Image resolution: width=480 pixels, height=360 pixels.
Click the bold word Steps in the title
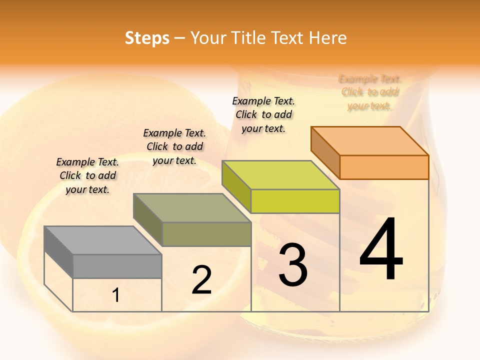147,38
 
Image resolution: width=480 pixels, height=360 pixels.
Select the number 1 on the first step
116,295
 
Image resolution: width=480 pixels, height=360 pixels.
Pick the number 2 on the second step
201,280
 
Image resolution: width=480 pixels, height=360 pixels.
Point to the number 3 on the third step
293,264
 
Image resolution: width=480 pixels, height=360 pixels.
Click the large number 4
381,249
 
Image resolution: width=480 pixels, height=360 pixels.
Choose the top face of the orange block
369,141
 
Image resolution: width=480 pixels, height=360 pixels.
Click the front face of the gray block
117,266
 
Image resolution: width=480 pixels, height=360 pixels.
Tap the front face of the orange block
384,167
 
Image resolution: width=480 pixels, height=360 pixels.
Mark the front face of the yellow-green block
295,201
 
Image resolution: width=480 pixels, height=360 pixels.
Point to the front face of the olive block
206,234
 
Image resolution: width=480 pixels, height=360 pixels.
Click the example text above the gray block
87,175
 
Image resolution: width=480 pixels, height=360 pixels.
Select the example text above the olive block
174,146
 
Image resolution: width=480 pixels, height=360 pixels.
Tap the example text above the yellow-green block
263,114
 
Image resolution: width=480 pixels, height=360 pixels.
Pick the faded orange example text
369,92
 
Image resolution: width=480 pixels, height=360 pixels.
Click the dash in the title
180,38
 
